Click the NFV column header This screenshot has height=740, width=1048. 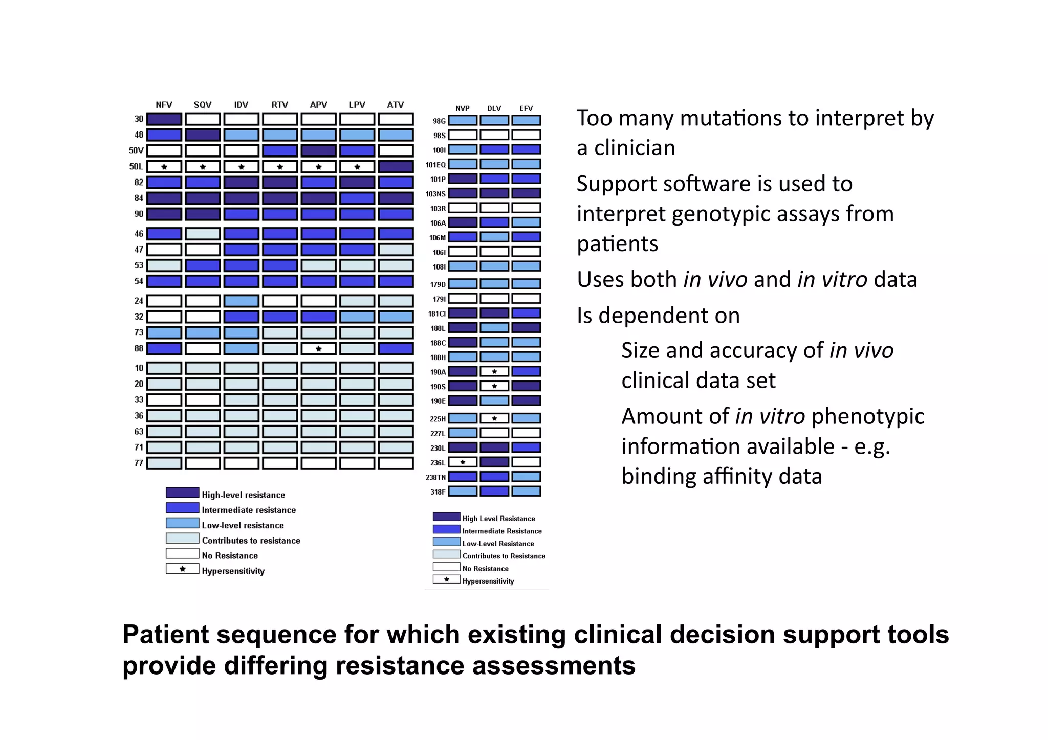(164, 105)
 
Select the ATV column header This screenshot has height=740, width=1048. (396, 105)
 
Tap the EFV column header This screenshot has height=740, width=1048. (526, 108)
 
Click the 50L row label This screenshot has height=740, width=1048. (136, 167)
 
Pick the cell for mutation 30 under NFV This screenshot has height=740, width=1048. (164, 119)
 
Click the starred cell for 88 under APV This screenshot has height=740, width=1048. (318, 349)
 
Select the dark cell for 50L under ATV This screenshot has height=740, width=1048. (396, 167)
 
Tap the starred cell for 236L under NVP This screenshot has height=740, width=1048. (463, 462)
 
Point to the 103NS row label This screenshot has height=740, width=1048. (435, 194)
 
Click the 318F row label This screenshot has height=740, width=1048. (438, 492)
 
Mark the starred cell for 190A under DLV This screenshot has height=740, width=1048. (494, 372)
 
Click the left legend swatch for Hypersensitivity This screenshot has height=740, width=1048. (182, 569)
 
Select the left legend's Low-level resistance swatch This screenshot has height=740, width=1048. (182, 523)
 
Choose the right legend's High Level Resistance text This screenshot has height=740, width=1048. (498, 519)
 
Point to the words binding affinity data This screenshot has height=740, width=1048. (722, 476)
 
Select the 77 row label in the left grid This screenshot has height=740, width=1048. (139, 463)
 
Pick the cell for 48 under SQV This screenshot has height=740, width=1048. (203, 135)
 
